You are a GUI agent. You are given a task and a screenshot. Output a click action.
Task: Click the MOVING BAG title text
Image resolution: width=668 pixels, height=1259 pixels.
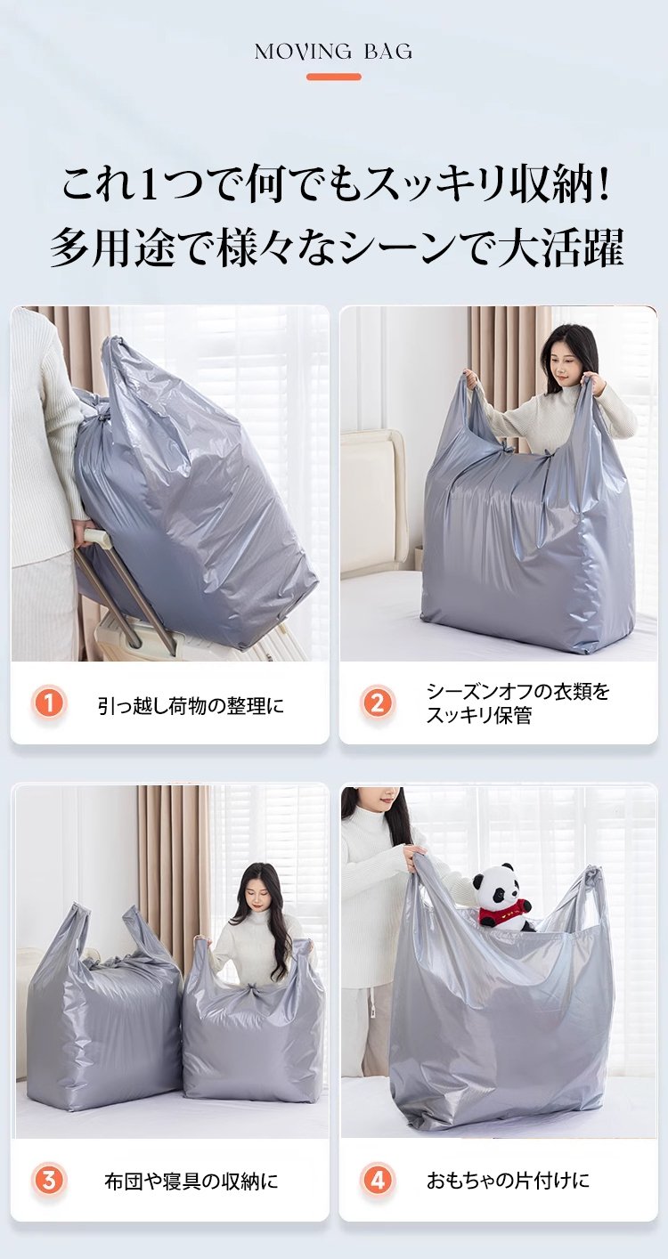333,53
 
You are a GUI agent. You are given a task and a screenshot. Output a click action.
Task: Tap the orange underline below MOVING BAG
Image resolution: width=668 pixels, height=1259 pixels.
334,77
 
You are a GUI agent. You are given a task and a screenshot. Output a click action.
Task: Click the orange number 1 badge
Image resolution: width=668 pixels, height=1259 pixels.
49,703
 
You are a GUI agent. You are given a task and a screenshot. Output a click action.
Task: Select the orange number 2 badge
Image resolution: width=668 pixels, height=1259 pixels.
378,703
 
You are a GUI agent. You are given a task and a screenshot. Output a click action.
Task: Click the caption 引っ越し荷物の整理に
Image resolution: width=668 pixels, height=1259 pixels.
191,705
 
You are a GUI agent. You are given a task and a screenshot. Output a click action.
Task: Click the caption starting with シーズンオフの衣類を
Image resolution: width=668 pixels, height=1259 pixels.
517,703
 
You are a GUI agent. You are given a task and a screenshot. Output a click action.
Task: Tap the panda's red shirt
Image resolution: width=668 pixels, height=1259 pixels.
502,913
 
